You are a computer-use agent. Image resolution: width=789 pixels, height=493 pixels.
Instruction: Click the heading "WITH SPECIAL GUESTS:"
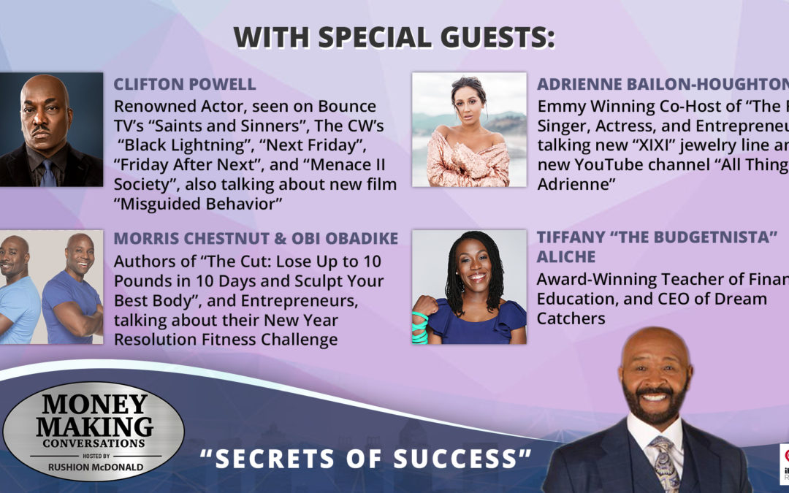(x=394, y=38)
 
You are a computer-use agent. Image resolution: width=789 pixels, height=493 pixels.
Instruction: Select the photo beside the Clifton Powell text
(x=51, y=129)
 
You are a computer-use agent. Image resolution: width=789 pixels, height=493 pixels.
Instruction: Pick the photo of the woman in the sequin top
(x=469, y=129)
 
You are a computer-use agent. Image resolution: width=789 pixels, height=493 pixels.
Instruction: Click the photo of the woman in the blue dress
(x=469, y=286)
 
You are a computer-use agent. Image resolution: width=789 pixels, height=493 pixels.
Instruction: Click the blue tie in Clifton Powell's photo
(x=48, y=172)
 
